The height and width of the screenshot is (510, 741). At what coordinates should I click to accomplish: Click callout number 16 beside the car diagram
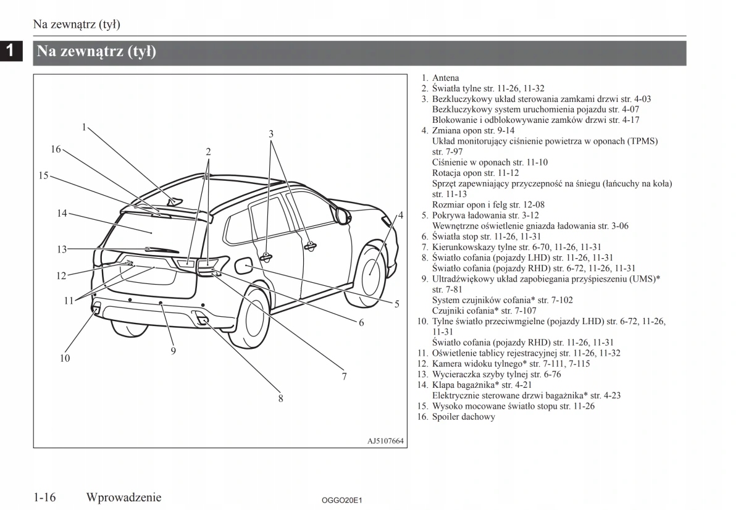[56, 149]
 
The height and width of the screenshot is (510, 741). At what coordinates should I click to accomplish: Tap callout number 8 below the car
[280, 398]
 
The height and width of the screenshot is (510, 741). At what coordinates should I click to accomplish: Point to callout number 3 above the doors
[270, 133]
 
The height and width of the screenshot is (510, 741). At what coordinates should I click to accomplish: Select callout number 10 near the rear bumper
[65, 358]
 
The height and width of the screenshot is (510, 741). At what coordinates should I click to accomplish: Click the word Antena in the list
[445, 78]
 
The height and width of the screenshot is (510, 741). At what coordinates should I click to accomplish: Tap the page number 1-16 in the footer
[45, 497]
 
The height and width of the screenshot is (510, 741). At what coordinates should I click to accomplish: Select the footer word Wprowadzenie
[124, 497]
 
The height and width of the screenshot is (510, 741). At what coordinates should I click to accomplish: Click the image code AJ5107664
[385, 441]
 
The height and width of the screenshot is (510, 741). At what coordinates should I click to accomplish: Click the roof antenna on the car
[176, 201]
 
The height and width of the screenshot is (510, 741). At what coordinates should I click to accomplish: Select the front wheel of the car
[371, 272]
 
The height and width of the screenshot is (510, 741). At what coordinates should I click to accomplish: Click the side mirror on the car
[341, 214]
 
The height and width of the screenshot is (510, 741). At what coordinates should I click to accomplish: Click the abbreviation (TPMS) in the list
[642, 141]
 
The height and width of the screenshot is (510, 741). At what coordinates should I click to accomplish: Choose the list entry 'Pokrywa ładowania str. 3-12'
[485, 215]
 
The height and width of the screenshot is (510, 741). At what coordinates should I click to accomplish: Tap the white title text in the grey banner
[96, 52]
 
